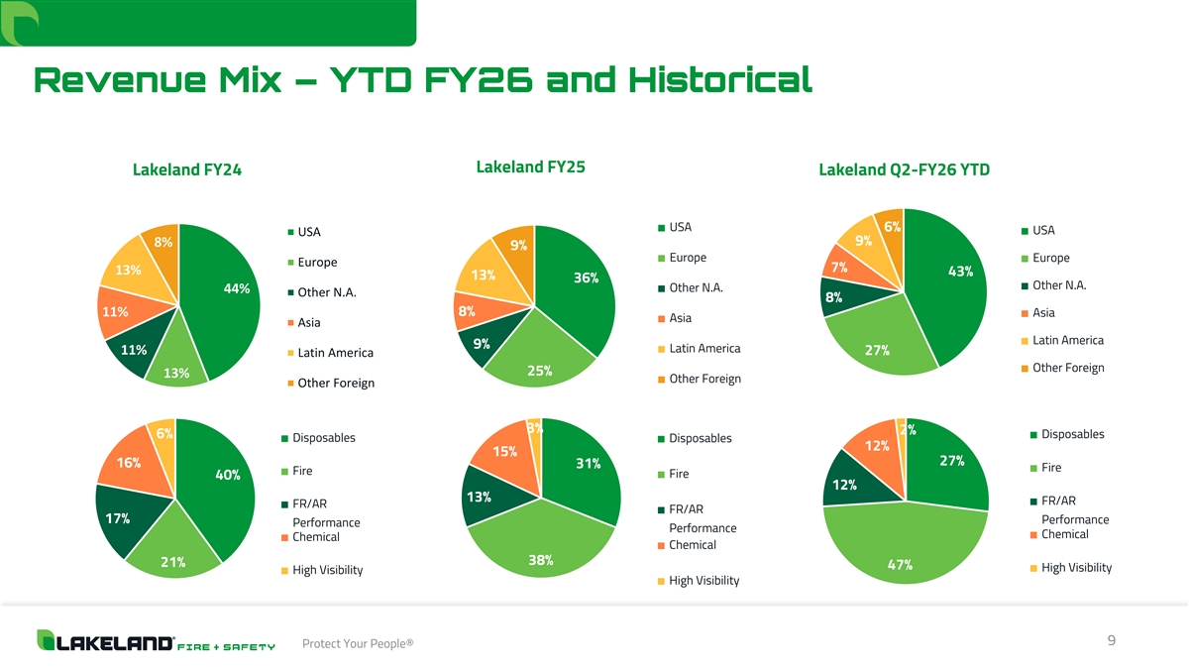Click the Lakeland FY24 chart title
pyautogui.click(x=187, y=170)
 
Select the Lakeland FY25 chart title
pyautogui.click(x=530, y=167)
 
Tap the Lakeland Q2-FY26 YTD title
pyautogui.click(x=904, y=170)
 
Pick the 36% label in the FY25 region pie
pyautogui.click(x=586, y=279)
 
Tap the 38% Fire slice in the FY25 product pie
pyautogui.click(x=541, y=550)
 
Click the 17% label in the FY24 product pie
pyautogui.click(x=118, y=518)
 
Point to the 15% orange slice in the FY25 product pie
pyautogui.click(x=504, y=453)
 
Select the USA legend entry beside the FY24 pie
pyautogui.click(x=308, y=232)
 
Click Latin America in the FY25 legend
pyautogui.click(x=703, y=349)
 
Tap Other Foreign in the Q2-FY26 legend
pyautogui.click(x=1067, y=368)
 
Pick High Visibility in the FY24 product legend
pyautogui.click(x=327, y=570)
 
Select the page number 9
pyautogui.click(x=1112, y=641)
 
